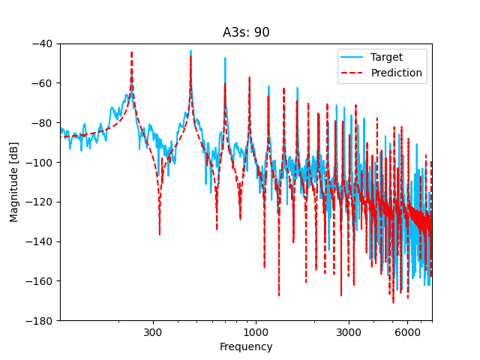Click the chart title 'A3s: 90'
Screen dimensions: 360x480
[x=246, y=32]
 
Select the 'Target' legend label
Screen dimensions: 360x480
[x=386, y=57]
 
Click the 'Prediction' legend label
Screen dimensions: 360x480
[x=396, y=73]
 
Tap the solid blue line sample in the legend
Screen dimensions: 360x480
[x=352, y=57]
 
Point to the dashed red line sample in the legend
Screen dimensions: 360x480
[x=352, y=73]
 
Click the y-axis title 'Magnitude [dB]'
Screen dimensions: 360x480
[x=14, y=182]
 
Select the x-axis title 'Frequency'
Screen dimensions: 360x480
[x=246, y=347]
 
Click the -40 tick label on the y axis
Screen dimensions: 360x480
[x=43, y=43]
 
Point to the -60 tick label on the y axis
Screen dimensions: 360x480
[x=43, y=83]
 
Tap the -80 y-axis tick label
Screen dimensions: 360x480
[x=43, y=123]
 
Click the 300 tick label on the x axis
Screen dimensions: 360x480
[x=153, y=332]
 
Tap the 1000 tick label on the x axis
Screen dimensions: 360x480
[x=256, y=332]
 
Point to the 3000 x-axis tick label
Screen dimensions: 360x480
[x=349, y=332]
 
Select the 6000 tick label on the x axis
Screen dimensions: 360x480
[x=407, y=332]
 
